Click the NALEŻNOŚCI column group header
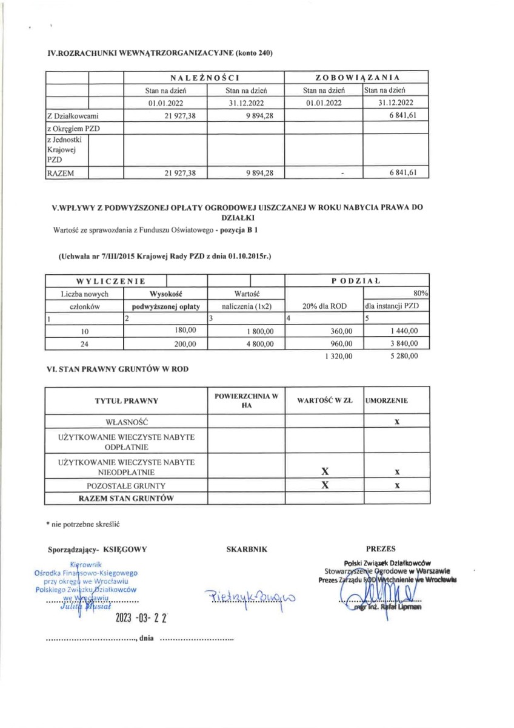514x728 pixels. pyautogui.click(x=205, y=78)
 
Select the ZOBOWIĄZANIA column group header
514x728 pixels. pyautogui.click(x=357, y=78)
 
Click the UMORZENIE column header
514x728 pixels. pyautogui.click(x=387, y=400)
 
